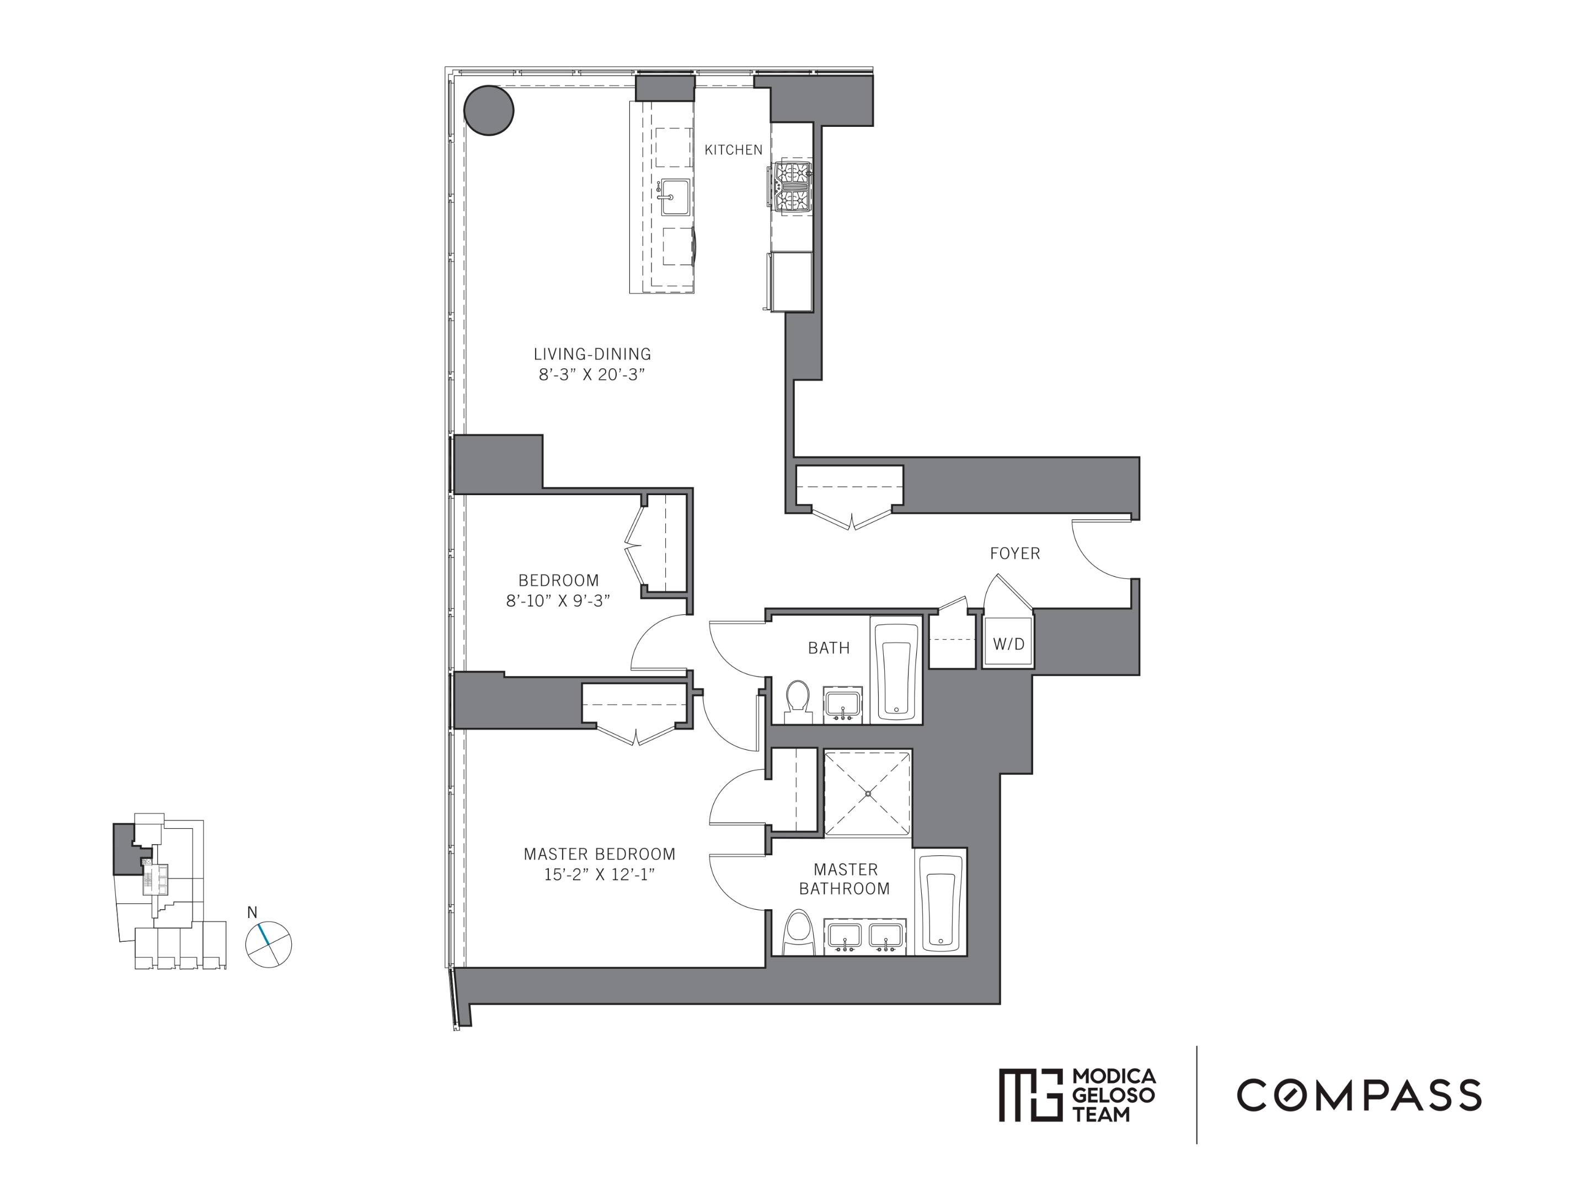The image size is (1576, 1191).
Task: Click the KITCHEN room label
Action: click(x=733, y=149)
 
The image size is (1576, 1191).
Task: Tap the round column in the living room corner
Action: click(x=489, y=110)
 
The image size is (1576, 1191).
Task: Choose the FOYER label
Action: click(x=1014, y=554)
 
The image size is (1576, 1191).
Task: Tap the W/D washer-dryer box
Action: click(x=1008, y=644)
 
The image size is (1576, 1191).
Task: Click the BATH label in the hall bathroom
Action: click(x=829, y=647)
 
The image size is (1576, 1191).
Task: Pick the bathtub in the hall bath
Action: click(x=896, y=671)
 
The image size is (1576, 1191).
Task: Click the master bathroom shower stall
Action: click(x=868, y=793)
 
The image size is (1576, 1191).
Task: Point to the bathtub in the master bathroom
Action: click(x=941, y=900)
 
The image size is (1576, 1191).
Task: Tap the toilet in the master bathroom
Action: click(x=799, y=932)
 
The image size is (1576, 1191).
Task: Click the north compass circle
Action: click(x=269, y=945)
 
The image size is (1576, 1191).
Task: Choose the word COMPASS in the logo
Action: click(x=1359, y=1095)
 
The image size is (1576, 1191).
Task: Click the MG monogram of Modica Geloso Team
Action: click(x=1026, y=1095)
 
